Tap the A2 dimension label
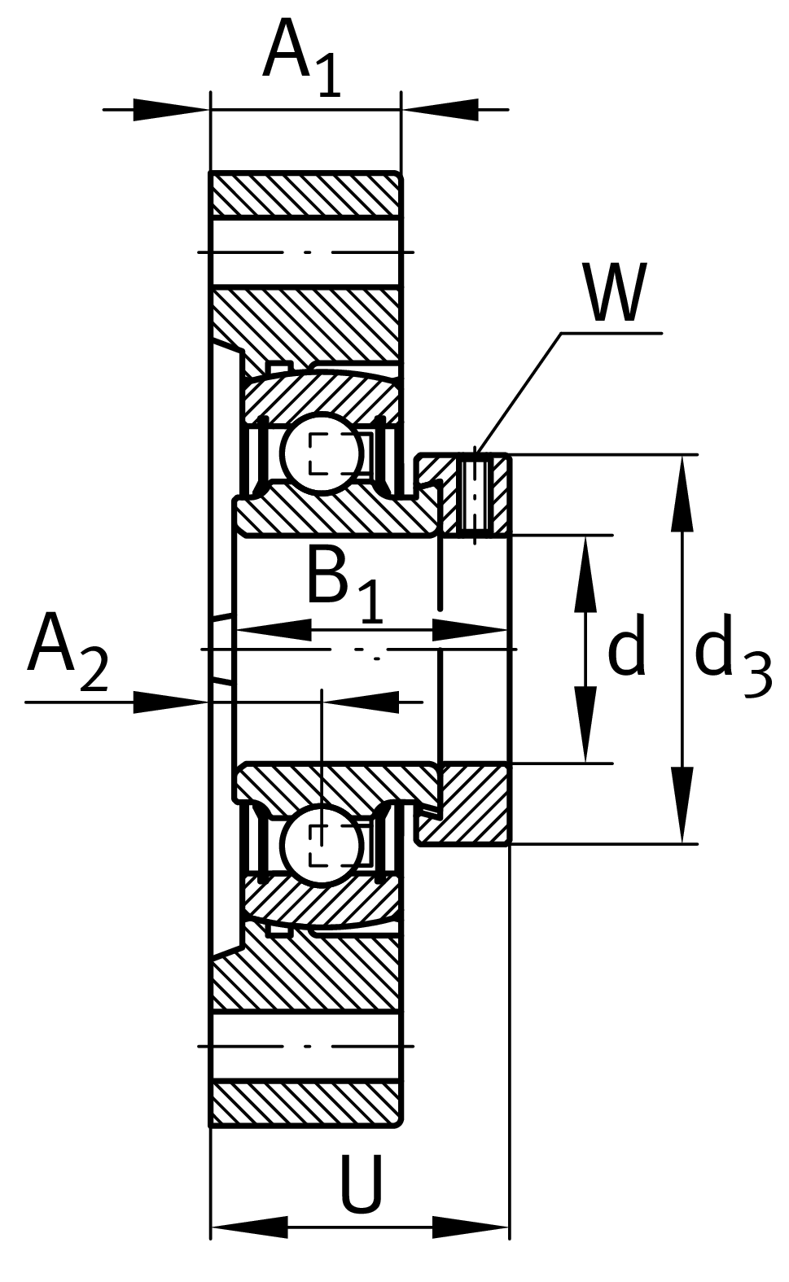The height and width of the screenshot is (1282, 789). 67,656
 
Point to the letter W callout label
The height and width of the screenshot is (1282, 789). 615,293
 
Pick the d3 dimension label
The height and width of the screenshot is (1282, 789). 732,656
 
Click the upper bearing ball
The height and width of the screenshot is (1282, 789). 322,454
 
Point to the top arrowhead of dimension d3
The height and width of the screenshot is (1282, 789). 682,493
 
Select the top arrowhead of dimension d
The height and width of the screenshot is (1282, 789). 585,573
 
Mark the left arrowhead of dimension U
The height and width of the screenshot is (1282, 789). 249,1227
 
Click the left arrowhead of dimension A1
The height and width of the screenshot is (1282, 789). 172,109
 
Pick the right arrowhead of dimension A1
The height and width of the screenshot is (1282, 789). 440,109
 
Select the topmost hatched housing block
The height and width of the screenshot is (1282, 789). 305,195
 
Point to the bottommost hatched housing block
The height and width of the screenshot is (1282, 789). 305,1103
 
